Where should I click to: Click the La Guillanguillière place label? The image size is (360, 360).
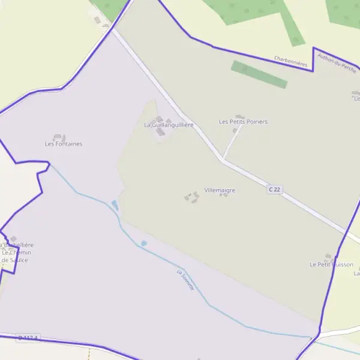[169, 125]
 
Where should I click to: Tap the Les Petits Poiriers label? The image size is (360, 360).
[243, 122]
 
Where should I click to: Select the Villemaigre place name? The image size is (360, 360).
[220, 190]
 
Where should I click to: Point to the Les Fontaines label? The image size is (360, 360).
[64, 144]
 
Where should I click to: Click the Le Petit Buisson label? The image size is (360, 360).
[331, 264]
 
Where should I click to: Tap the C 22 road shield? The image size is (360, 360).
[274, 189]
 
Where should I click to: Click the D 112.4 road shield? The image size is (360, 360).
[28, 338]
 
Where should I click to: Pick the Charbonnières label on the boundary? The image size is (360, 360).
[290, 61]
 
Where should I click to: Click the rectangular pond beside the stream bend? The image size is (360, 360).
[115, 206]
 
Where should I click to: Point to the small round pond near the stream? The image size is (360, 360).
[143, 243]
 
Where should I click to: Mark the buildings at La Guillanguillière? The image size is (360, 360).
[160, 128]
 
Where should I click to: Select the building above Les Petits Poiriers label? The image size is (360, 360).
[240, 116]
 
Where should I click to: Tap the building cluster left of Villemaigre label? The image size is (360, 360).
[192, 197]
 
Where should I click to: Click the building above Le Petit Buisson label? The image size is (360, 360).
[329, 257]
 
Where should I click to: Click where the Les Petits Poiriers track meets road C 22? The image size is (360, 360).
[223, 160]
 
